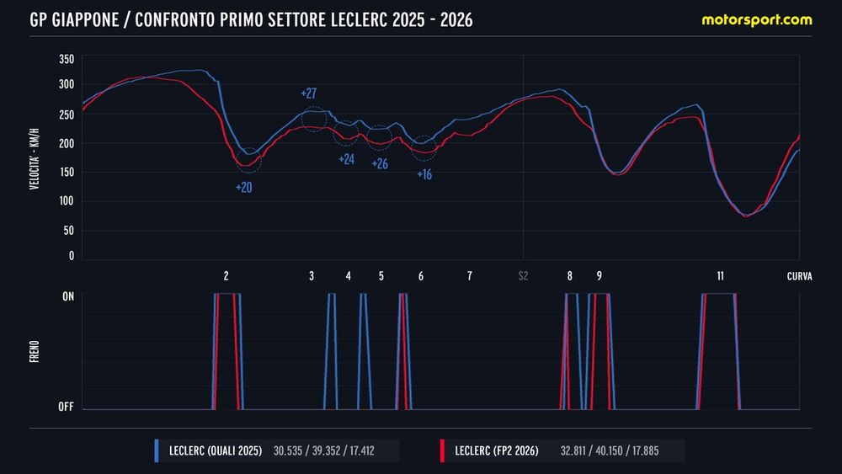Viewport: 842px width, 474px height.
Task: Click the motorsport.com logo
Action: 757,19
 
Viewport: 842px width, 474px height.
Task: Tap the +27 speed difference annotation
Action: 308,93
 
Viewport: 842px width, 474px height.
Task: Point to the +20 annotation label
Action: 244,187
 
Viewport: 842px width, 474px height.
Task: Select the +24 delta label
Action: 346,159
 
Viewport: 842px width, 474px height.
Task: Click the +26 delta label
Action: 380,164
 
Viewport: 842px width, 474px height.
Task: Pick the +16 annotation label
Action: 424,174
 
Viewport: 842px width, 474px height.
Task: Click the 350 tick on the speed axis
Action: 67,59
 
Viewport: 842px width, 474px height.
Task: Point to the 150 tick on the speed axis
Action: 67,173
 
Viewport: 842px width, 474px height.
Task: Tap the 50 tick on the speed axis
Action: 69,230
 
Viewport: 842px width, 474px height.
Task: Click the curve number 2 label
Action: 226,276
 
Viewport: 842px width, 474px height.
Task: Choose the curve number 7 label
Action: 469,276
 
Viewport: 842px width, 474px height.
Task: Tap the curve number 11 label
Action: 720,276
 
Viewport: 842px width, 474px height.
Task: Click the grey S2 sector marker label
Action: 523,276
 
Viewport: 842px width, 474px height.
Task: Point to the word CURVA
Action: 799,276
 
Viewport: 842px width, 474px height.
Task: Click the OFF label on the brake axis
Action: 66,407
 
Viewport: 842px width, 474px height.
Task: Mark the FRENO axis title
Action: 35,349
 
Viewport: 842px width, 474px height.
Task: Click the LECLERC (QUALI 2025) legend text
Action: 216,451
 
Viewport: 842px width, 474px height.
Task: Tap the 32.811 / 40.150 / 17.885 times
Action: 610,451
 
